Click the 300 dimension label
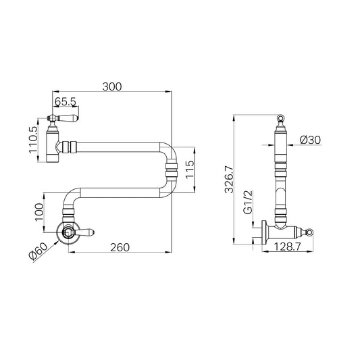coord(112,86)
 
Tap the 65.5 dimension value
coord(66,101)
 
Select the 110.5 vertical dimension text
coord(33,140)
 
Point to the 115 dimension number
coord(190,170)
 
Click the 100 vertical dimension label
coord(39,212)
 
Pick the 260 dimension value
coord(120,247)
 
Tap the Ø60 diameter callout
coord(38,251)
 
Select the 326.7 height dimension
coord(229,180)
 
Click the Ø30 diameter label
coord(310,140)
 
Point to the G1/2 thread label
coord(248,202)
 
